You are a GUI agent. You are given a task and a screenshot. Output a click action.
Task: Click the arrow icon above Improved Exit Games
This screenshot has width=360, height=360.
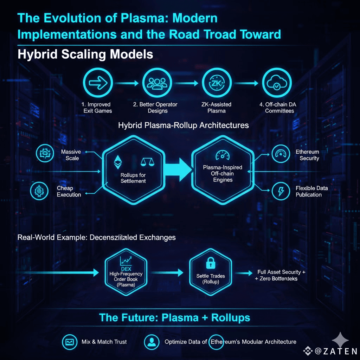pyautogui.click(x=98, y=83)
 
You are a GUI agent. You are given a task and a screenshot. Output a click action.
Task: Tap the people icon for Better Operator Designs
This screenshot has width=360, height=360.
pyautogui.click(x=157, y=83)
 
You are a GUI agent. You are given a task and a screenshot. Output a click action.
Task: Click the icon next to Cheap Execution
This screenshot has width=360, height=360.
pyautogui.click(x=39, y=191)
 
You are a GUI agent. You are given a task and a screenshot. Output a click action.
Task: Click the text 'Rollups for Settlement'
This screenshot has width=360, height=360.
pyautogui.click(x=133, y=178)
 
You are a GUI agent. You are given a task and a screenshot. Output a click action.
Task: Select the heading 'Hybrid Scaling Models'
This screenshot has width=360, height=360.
pyautogui.click(x=85, y=54)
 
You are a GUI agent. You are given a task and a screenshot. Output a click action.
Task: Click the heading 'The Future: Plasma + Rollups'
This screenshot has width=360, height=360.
pyautogui.click(x=175, y=318)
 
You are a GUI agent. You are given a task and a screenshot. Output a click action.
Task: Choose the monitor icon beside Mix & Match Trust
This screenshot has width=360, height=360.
pyautogui.click(x=69, y=341)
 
